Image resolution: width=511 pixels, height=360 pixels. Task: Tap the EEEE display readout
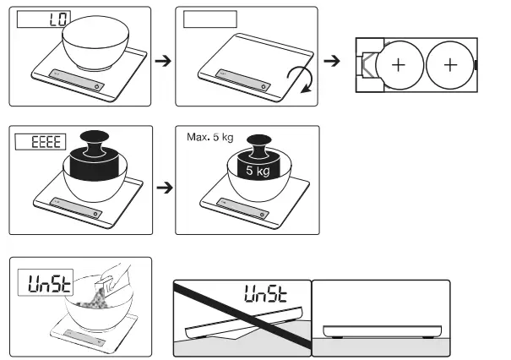(x=40, y=141)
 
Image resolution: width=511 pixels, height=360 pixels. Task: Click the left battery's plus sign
(x=395, y=64)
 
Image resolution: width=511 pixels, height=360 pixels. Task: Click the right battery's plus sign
(x=450, y=64)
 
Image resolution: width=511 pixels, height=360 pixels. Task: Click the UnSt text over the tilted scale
(x=265, y=294)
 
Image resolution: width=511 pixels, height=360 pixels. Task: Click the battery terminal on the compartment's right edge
(x=476, y=64)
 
